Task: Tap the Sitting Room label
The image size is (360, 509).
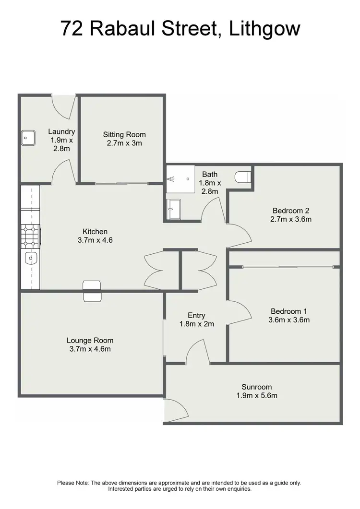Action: [124, 134]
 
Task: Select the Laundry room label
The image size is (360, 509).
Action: [61, 131]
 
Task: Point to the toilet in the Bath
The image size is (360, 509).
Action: [244, 177]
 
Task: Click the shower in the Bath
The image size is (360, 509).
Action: [179, 179]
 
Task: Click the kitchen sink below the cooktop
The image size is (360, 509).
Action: [30, 259]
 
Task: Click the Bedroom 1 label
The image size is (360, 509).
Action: [289, 311]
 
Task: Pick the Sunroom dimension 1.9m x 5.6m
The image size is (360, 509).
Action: [257, 396]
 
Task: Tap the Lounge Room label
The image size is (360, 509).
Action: [90, 341]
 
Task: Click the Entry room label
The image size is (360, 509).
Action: [196, 315]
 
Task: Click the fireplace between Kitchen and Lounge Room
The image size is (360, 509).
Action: [92, 291]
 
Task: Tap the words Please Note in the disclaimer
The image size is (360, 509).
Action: [72, 483]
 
